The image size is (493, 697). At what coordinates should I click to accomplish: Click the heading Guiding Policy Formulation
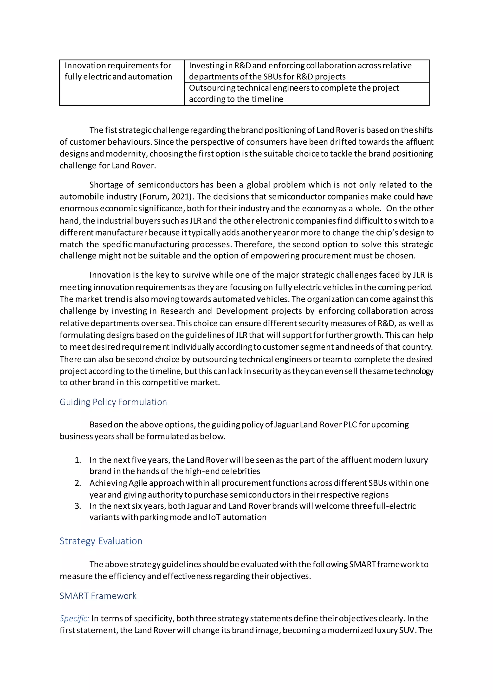pyautogui.click(x=113, y=402)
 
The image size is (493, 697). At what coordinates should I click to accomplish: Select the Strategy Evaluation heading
pyautogui.click(x=101, y=541)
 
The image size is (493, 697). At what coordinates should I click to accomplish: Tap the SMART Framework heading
pyautogui.click(x=98, y=596)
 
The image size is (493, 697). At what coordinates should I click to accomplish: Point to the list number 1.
pyautogui.click(x=78, y=460)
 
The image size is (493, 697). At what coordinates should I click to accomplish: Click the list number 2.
pyautogui.click(x=78, y=483)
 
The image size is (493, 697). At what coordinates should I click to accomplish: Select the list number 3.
pyautogui.click(x=78, y=506)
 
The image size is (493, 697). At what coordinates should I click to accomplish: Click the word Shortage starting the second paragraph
pyautogui.click(x=106, y=185)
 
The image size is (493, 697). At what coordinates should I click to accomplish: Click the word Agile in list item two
pyautogui.click(x=138, y=483)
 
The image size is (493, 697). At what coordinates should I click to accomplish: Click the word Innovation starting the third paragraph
pyautogui.click(x=110, y=275)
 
